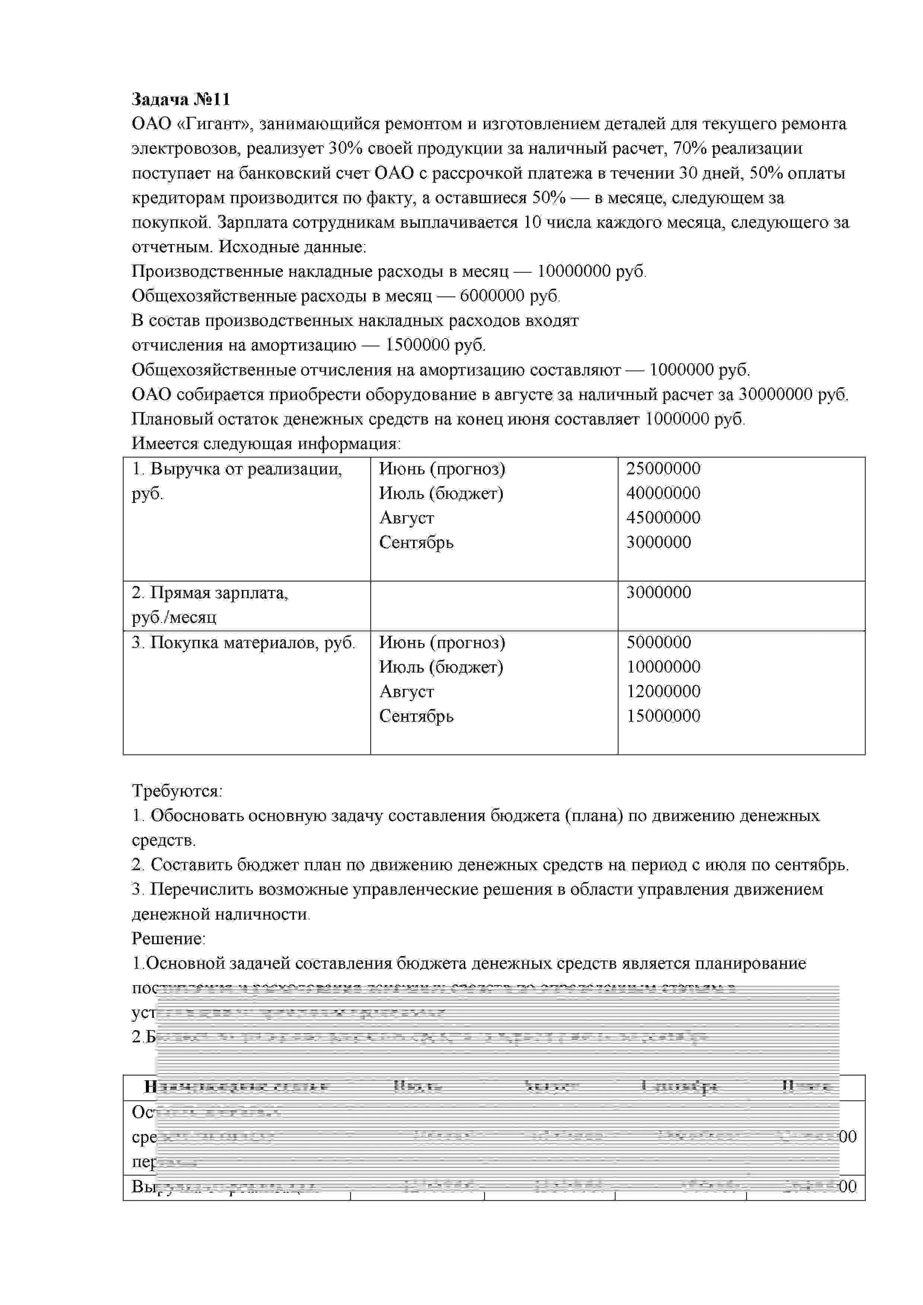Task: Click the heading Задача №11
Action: tap(181, 99)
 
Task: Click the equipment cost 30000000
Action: tap(776, 394)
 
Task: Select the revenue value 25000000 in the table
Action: tap(663, 469)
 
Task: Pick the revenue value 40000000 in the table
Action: tap(663, 493)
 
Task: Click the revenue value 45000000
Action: tap(663, 518)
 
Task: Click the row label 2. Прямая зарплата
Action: tap(210, 593)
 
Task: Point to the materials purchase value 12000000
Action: tap(663, 692)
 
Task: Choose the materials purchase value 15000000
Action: tap(663, 716)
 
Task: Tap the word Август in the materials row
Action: tap(407, 692)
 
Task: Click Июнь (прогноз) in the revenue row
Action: tap(442, 469)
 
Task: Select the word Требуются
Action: tap(177, 791)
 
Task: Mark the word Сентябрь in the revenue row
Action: tap(416, 542)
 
